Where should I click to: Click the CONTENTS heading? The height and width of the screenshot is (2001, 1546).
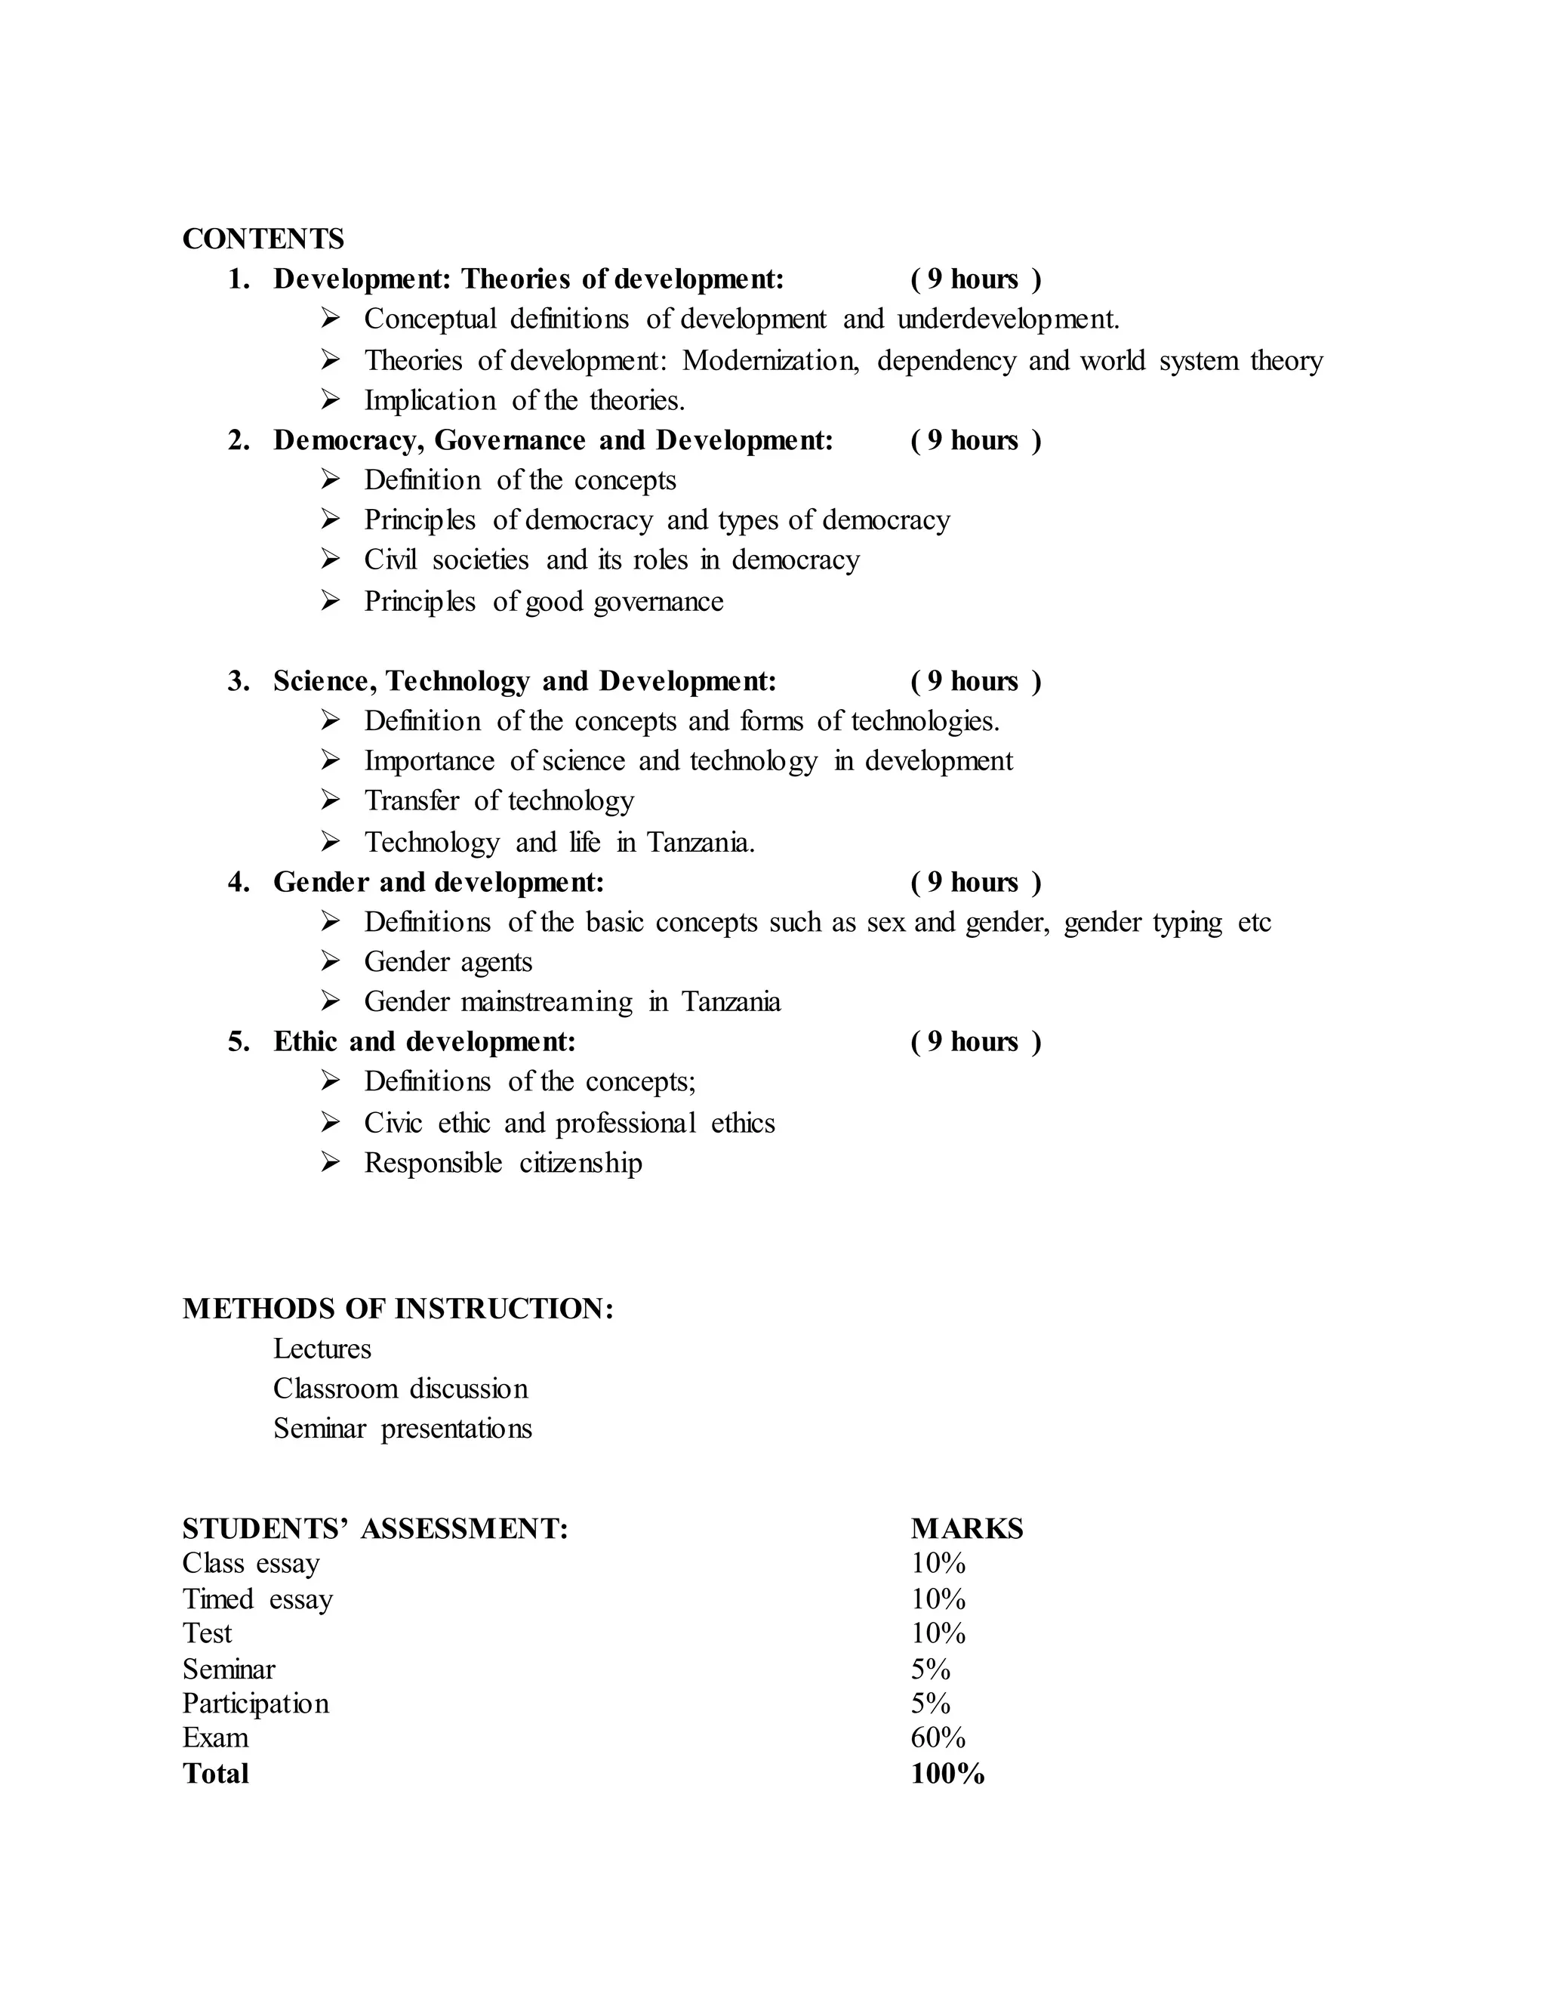click(263, 239)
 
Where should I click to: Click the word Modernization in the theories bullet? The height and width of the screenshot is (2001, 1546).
click(769, 361)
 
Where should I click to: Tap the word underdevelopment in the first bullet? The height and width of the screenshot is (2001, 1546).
click(1008, 319)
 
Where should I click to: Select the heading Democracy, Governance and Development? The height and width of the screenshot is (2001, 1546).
click(553, 441)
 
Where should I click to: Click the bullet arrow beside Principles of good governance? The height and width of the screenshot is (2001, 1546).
click(331, 601)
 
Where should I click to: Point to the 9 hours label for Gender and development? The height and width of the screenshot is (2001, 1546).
click(975, 882)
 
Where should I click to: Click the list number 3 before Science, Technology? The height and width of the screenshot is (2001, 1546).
click(238, 682)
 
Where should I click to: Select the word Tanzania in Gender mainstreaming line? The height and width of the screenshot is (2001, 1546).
click(730, 1002)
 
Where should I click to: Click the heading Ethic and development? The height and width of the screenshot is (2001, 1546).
click(424, 1043)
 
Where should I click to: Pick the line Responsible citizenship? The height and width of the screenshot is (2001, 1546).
click(503, 1164)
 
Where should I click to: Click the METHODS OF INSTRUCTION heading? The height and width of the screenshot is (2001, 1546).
click(398, 1309)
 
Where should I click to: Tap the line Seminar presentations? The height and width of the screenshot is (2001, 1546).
click(402, 1429)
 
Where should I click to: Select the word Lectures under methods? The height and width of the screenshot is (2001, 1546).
click(322, 1349)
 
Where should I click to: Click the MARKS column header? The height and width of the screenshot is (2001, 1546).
click(966, 1529)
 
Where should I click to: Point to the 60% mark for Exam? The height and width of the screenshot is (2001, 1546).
click(938, 1738)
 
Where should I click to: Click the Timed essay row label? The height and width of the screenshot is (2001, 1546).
click(257, 1600)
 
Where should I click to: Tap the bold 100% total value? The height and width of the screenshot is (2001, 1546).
click(947, 1774)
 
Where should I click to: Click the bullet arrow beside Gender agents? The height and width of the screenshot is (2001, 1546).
click(331, 961)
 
